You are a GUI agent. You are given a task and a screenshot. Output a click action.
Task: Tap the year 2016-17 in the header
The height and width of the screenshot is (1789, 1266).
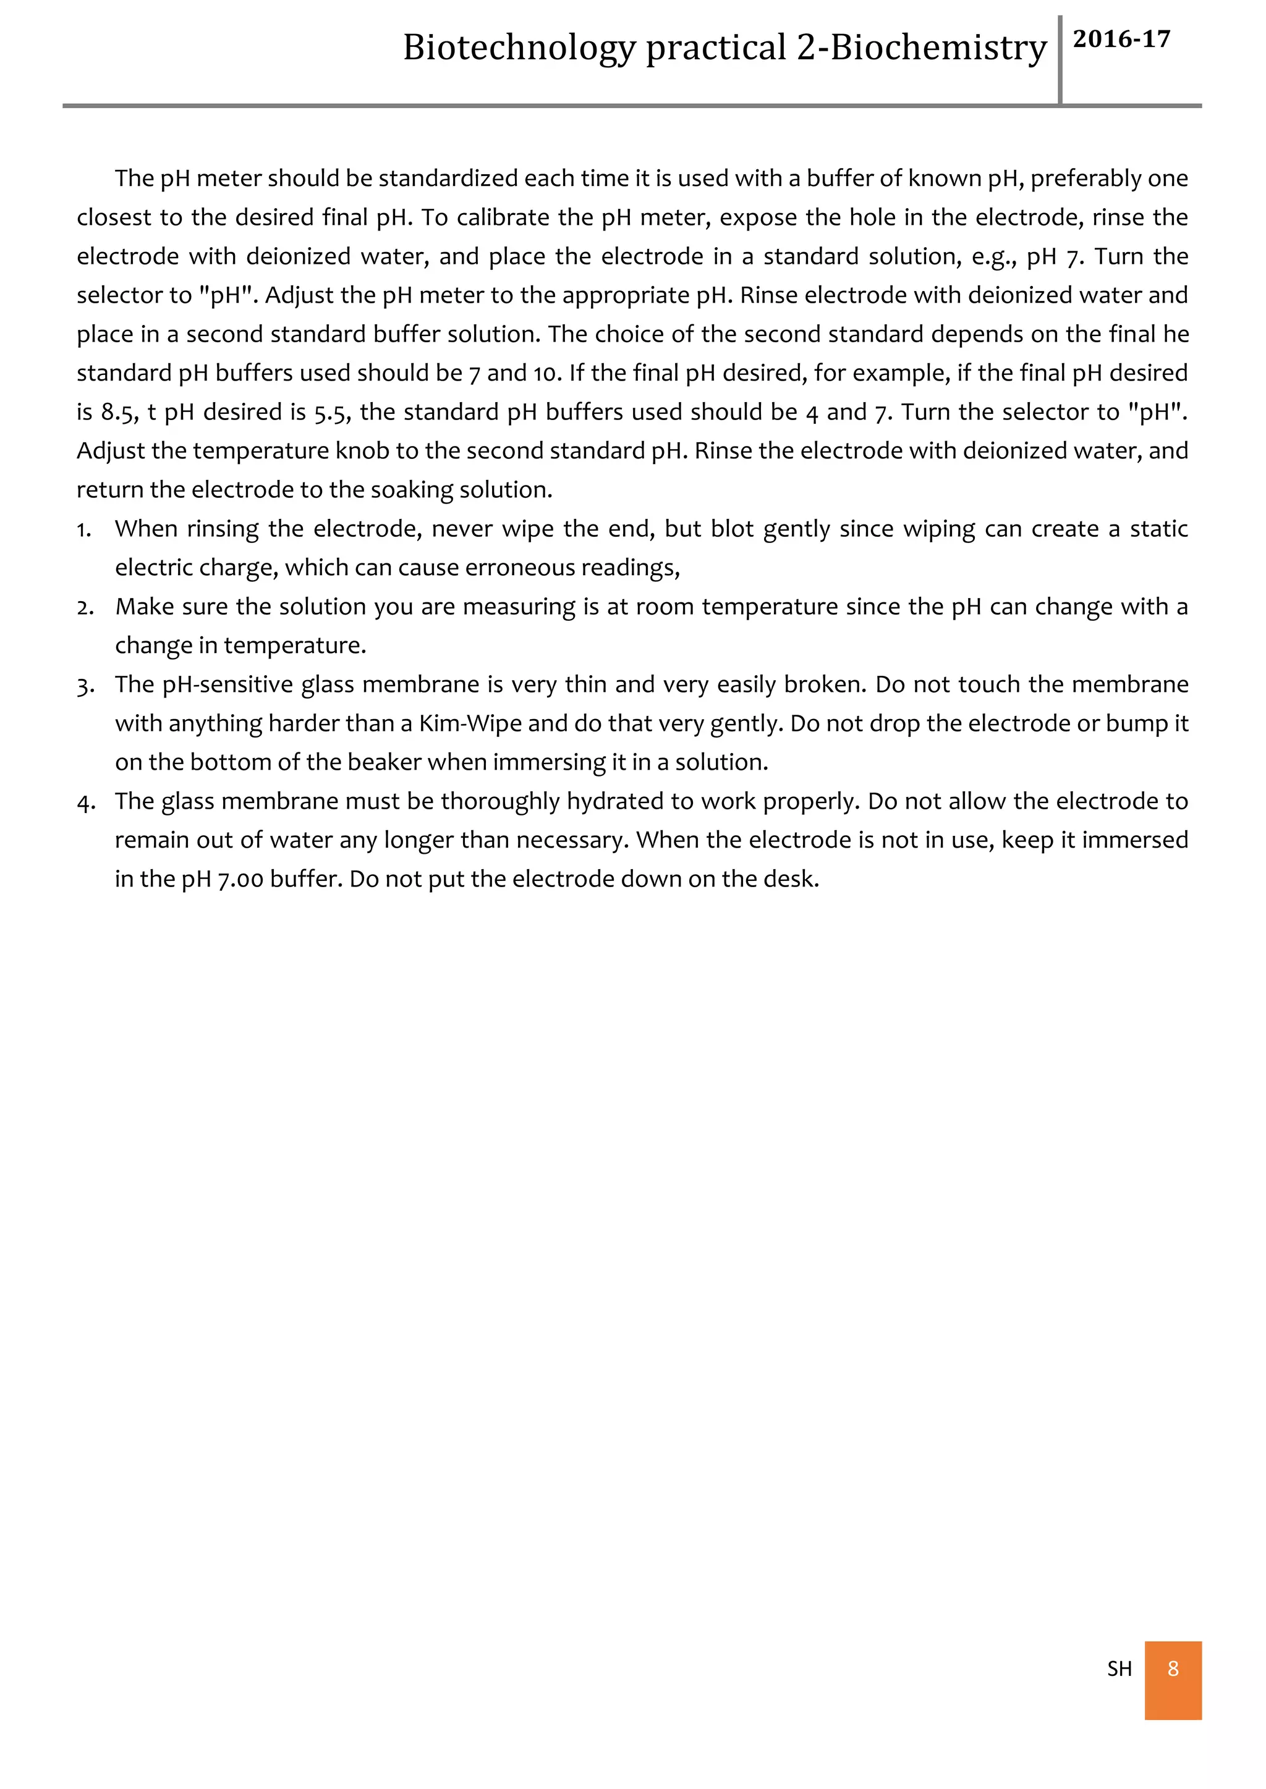click(x=1121, y=39)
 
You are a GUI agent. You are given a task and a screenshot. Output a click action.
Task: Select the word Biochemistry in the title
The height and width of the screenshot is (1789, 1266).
click(x=938, y=48)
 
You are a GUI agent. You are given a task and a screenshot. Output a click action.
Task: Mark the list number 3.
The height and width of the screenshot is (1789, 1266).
click(x=84, y=686)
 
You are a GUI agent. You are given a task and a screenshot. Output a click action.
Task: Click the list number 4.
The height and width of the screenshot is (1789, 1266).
click(x=85, y=802)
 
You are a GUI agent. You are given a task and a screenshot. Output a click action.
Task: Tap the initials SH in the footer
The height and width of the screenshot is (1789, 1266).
click(x=1119, y=1669)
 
